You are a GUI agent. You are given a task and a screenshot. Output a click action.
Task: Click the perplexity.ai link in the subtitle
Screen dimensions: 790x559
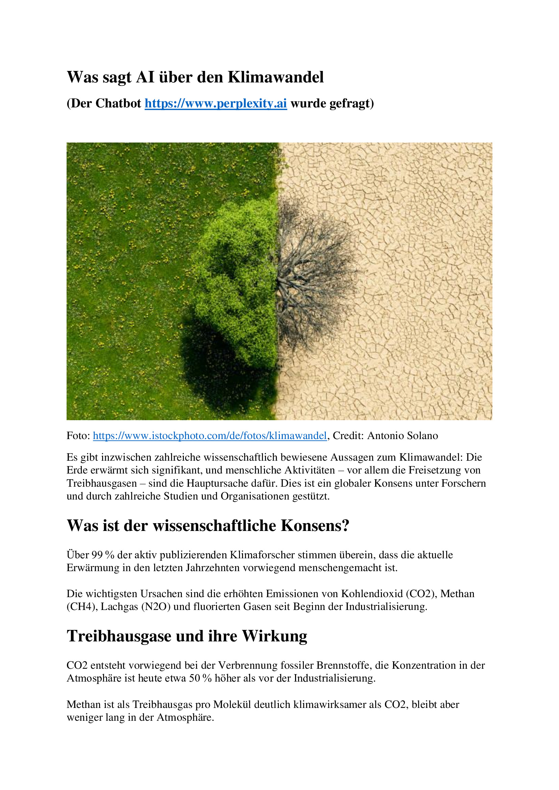(216, 104)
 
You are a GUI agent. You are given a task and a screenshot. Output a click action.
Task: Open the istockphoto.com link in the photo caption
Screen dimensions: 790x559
(210, 436)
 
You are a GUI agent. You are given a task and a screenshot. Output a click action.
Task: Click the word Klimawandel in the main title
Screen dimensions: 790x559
(276, 77)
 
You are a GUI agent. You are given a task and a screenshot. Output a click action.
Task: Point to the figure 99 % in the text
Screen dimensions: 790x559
(103, 555)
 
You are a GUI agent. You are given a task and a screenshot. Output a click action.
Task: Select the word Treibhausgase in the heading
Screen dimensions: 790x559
(119, 636)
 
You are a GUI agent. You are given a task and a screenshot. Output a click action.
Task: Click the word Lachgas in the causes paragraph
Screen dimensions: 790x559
(119, 606)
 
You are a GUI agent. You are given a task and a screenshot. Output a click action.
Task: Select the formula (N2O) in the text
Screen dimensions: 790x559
(156, 606)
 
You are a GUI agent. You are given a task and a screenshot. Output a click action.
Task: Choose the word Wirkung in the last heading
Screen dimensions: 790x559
(275, 636)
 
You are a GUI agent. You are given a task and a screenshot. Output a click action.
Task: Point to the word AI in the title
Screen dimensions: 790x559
(145, 77)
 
